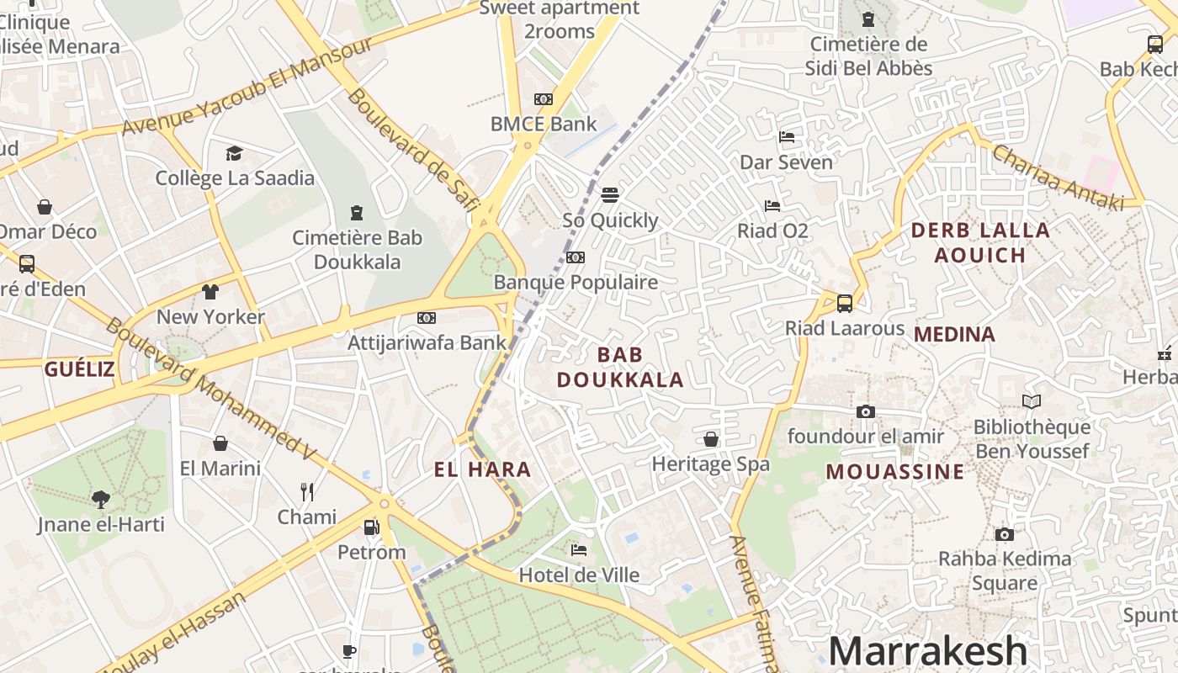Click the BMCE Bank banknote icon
[x=544, y=99]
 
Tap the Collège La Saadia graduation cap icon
[x=234, y=153]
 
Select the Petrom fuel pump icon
[x=371, y=527]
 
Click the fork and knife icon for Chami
[x=307, y=491]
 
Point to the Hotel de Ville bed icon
[x=579, y=550]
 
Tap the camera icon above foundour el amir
[x=865, y=411]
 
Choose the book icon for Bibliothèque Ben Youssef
[x=1031, y=402]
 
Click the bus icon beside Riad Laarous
[x=844, y=304]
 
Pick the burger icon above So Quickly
[x=610, y=195]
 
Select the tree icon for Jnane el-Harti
[x=101, y=500]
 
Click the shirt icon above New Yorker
[x=210, y=292]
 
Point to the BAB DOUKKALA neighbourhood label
[x=620, y=368]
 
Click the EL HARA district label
[x=483, y=469]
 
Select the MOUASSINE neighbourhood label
[x=895, y=471]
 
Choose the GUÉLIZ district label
[x=79, y=368]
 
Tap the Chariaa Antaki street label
[x=1058, y=178]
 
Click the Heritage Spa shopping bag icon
[x=711, y=439]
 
